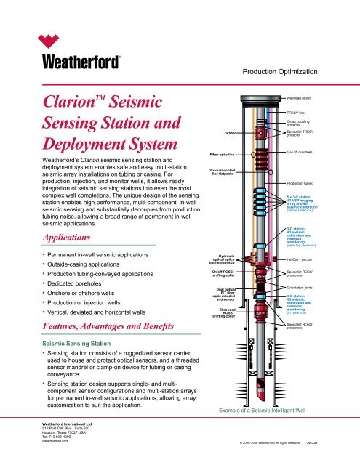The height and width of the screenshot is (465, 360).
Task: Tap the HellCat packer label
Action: click(302, 258)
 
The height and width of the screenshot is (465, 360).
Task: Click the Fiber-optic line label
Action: click(205, 155)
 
